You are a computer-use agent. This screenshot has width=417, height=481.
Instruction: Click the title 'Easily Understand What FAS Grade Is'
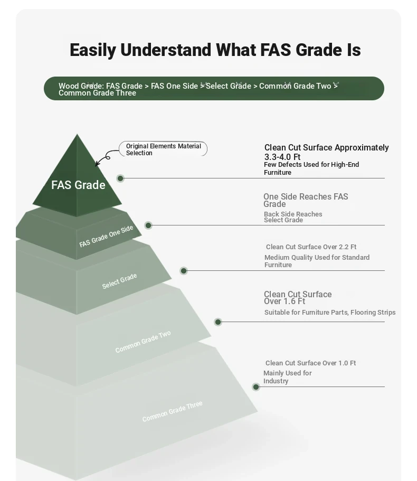click(215, 50)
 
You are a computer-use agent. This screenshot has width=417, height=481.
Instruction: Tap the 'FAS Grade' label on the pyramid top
click(78, 185)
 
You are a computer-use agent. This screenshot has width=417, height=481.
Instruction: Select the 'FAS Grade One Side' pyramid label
click(106, 236)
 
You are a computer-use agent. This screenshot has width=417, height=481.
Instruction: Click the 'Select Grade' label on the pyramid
click(119, 281)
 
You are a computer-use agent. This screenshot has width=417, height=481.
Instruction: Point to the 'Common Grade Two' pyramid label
click(143, 342)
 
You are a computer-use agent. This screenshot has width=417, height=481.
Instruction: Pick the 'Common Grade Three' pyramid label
click(172, 411)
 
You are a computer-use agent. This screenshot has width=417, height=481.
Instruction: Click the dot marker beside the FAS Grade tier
click(120, 178)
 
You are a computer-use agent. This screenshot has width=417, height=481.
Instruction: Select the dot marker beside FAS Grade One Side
click(148, 225)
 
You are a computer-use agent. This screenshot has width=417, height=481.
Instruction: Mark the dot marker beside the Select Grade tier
click(184, 271)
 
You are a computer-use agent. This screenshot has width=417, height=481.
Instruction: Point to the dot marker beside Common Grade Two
click(218, 322)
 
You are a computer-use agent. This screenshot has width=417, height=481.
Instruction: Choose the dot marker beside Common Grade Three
click(256, 387)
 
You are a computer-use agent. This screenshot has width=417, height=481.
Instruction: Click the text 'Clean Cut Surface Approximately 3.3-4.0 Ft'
click(327, 152)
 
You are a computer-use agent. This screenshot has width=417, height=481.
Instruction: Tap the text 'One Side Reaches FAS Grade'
click(306, 200)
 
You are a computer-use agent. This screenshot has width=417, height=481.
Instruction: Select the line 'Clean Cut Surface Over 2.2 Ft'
click(311, 247)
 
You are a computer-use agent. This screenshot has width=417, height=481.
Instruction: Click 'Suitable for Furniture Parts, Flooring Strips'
click(330, 312)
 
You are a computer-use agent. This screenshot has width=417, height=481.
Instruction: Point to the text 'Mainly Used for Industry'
click(288, 377)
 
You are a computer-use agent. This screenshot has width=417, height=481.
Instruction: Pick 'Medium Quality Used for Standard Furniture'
click(317, 261)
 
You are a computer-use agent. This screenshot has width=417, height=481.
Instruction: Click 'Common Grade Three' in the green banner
click(97, 93)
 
